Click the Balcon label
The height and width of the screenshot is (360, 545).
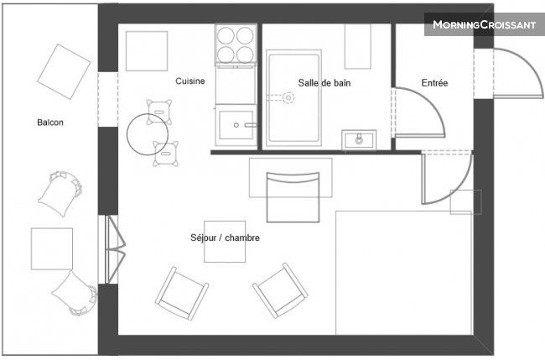click(50, 123)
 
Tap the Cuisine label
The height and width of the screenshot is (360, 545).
click(189, 81)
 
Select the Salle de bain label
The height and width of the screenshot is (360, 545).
click(324, 83)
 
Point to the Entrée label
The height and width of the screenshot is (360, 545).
click(434, 83)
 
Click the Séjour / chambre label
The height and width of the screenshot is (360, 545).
click(225, 237)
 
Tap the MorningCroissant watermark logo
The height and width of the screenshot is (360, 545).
click(484, 24)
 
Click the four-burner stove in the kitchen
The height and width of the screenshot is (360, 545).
click(236, 44)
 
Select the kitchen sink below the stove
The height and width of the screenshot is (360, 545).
click(236, 125)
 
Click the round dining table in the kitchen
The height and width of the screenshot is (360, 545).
click(148, 134)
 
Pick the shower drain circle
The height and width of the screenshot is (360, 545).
click(288, 98)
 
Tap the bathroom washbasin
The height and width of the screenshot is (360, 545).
click(359, 140)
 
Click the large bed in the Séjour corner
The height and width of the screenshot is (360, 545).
click(403, 273)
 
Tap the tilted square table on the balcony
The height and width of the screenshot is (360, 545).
click(64, 71)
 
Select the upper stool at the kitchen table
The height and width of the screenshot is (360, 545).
click(159, 112)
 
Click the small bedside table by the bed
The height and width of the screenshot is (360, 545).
click(465, 201)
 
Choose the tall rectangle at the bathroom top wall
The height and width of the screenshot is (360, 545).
click(358, 46)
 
